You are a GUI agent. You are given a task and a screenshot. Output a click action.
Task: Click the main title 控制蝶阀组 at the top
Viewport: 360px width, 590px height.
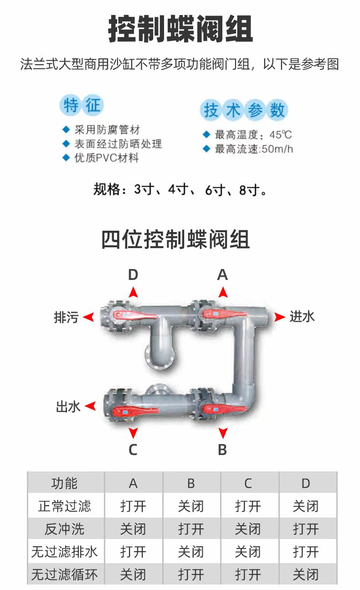click(180, 30)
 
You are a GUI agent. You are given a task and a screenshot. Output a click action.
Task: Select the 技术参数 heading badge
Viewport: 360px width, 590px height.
click(244, 110)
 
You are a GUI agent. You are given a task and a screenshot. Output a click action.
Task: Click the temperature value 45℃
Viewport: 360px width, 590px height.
click(280, 135)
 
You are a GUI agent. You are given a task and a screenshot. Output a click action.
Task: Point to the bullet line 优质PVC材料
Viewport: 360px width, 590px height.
click(107, 158)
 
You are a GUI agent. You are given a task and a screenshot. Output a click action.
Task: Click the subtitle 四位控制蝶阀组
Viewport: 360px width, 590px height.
click(175, 240)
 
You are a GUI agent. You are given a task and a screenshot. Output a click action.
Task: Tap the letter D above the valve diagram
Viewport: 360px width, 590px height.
click(133, 274)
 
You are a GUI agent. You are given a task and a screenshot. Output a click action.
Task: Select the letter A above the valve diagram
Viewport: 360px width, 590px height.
click(222, 274)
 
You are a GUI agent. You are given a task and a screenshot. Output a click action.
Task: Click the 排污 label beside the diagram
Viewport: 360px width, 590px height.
click(67, 317)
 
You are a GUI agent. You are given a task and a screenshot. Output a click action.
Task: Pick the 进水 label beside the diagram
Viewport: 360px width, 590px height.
click(302, 316)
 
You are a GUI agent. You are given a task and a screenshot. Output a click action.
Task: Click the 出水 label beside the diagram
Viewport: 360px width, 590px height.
click(68, 406)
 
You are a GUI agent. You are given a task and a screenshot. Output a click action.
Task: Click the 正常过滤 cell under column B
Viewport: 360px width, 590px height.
click(191, 506)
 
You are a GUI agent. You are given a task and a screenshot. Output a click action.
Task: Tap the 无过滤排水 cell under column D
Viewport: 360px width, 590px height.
click(306, 552)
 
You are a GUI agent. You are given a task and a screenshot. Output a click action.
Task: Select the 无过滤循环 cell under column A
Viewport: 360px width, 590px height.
click(133, 574)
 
